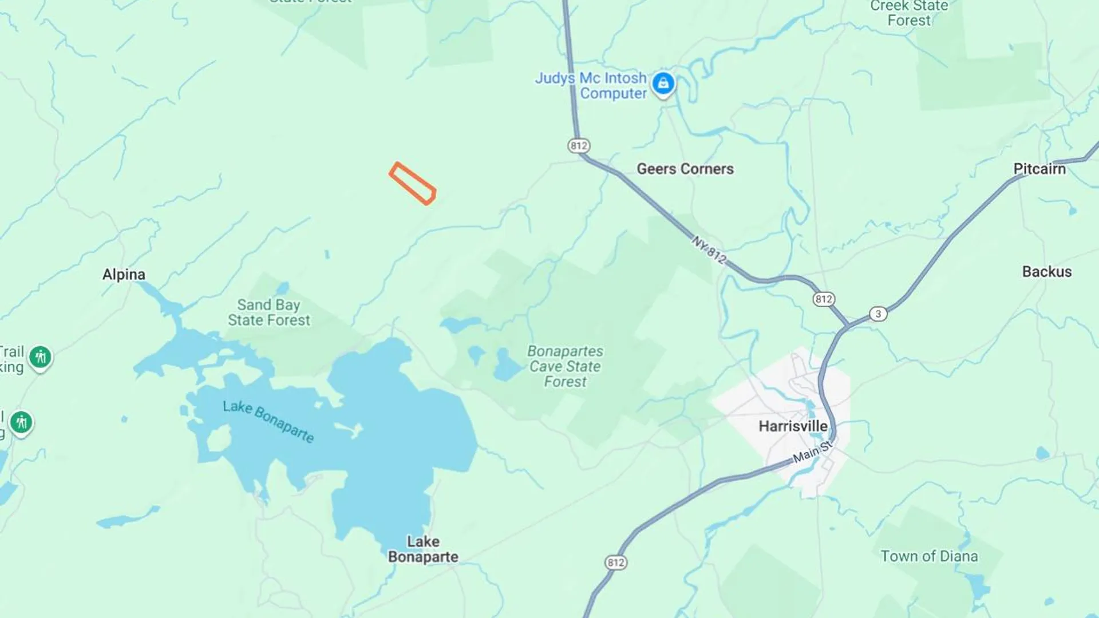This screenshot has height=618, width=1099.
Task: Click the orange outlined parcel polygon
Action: (x=412, y=183)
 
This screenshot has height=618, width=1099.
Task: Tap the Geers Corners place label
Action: (x=685, y=169)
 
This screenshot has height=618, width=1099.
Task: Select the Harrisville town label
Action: (x=793, y=426)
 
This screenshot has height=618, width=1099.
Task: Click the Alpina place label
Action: (x=124, y=275)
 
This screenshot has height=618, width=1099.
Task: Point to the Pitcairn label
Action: (x=1039, y=169)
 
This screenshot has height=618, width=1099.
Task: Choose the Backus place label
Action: (x=1046, y=272)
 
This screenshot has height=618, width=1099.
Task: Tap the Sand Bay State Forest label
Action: (x=269, y=312)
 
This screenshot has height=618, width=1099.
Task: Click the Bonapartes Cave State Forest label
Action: (x=565, y=366)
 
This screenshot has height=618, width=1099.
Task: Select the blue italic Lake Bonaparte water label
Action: (x=268, y=422)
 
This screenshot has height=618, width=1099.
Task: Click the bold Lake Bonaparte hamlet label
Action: (x=423, y=549)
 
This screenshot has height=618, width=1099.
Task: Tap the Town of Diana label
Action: (x=928, y=556)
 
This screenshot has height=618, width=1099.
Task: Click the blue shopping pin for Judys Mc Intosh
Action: (x=663, y=84)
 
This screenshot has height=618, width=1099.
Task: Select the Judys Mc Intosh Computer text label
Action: (x=591, y=86)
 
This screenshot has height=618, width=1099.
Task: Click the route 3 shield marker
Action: (x=878, y=314)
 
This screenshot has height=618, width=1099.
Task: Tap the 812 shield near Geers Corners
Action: (x=578, y=146)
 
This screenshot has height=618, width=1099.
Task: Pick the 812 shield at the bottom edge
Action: (x=615, y=562)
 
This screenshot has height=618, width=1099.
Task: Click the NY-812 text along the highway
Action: (x=709, y=250)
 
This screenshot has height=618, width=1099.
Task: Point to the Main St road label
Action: (x=812, y=452)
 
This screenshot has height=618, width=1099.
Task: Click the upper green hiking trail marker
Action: (x=40, y=358)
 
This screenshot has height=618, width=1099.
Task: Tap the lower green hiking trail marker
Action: (x=21, y=423)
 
